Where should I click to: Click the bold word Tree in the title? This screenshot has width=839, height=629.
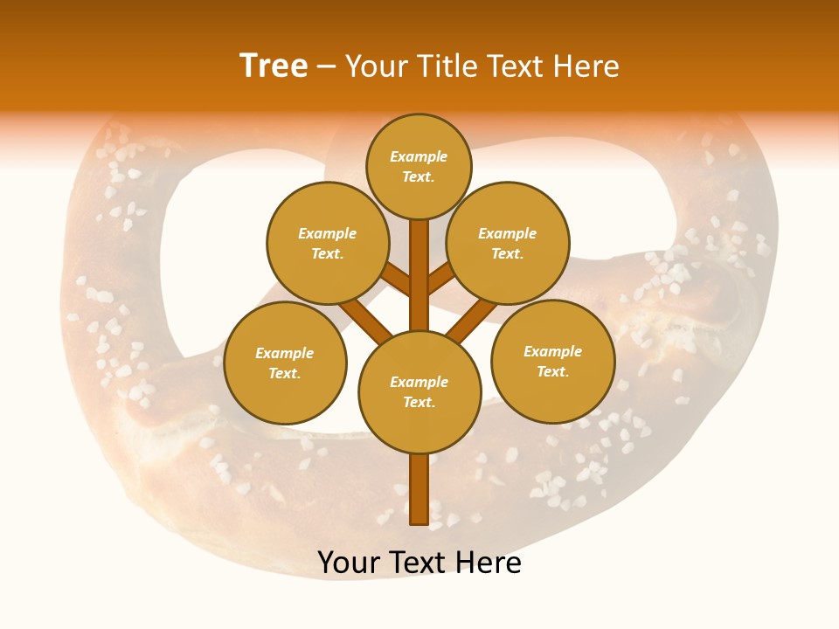(x=274, y=66)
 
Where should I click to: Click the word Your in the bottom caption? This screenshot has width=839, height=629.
(x=349, y=563)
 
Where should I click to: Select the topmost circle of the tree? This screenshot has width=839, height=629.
(x=419, y=166)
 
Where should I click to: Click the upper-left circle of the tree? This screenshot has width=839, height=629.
(x=327, y=243)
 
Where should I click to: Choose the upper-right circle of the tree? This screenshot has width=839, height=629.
(x=507, y=243)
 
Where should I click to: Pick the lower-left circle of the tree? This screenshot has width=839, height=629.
(x=285, y=363)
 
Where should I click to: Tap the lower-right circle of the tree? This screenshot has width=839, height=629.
(x=552, y=361)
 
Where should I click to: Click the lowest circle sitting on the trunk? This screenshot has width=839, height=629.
(x=419, y=391)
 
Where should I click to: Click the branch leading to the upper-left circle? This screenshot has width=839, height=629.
(x=398, y=280)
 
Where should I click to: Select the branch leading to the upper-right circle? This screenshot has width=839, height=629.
(x=440, y=280)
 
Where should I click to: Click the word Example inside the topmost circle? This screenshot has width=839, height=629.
(x=419, y=156)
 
